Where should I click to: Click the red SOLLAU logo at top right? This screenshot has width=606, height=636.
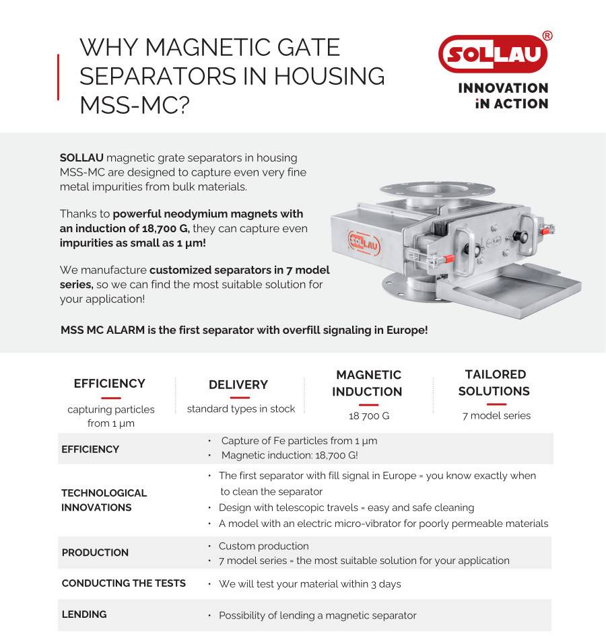pyautogui.click(x=492, y=54)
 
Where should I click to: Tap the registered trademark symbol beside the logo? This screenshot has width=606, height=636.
pyautogui.click(x=547, y=36)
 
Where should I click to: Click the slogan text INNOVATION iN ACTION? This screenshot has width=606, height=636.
pyautogui.click(x=503, y=96)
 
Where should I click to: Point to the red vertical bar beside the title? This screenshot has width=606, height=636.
pyautogui.click(x=59, y=77)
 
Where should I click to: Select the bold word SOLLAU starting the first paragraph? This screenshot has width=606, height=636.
pyautogui.click(x=81, y=157)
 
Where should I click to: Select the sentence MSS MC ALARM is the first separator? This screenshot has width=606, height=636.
pyautogui.click(x=244, y=330)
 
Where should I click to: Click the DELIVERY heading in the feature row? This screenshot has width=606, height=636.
pyautogui.click(x=238, y=384)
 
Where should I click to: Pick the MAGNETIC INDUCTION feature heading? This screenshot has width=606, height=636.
pyautogui.click(x=367, y=383)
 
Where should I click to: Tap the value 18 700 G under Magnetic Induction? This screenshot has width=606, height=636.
pyautogui.click(x=369, y=416)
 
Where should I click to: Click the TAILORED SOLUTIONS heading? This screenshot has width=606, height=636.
pyautogui.click(x=494, y=382)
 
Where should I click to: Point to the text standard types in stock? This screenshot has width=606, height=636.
pyautogui.click(x=241, y=409)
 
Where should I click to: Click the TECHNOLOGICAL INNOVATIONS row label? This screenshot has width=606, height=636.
pyautogui.click(x=104, y=499)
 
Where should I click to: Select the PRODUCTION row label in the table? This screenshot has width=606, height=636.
pyautogui.click(x=95, y=553)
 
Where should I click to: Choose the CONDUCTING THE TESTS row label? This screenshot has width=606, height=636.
pyautogui.click(x=123, y=583)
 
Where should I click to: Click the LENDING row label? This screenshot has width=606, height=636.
pyautogui.click(x=84, y=614)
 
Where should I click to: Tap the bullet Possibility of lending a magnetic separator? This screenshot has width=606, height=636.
pyautogui.click(x=317, y=615)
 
